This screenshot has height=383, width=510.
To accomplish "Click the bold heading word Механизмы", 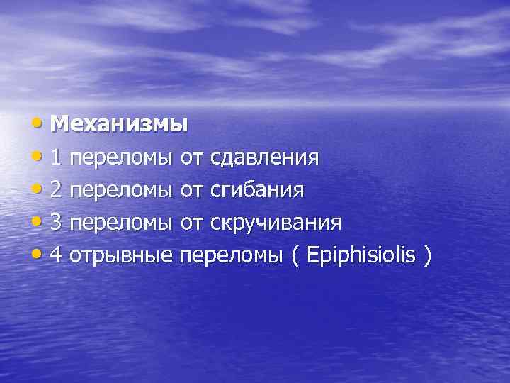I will tap(119, 124).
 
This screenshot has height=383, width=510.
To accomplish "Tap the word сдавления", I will tap(264, 157).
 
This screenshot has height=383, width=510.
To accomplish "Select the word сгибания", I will tap(258, 190).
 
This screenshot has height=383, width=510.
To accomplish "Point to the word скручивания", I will tap(276, 223).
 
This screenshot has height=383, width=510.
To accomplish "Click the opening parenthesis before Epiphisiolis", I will tap(295, 256).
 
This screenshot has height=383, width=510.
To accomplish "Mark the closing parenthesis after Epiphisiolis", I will tap(426, 256).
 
